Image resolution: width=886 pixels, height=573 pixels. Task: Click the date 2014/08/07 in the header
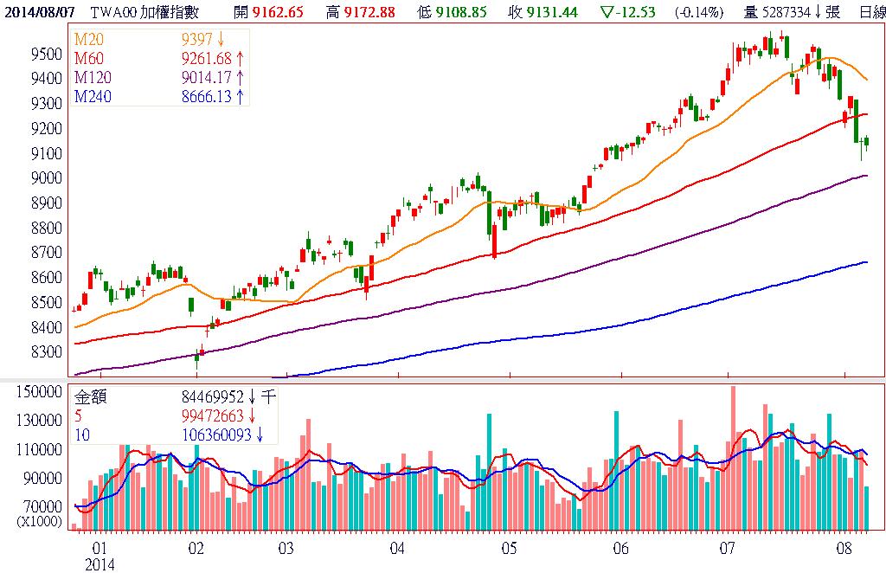point(39,13)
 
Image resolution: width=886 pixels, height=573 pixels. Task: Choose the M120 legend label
point(91,79)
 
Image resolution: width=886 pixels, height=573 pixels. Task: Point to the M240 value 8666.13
point(208,97)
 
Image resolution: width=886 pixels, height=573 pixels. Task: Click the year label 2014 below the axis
point(100,563)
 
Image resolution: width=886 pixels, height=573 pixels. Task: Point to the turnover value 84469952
point(208,398)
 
